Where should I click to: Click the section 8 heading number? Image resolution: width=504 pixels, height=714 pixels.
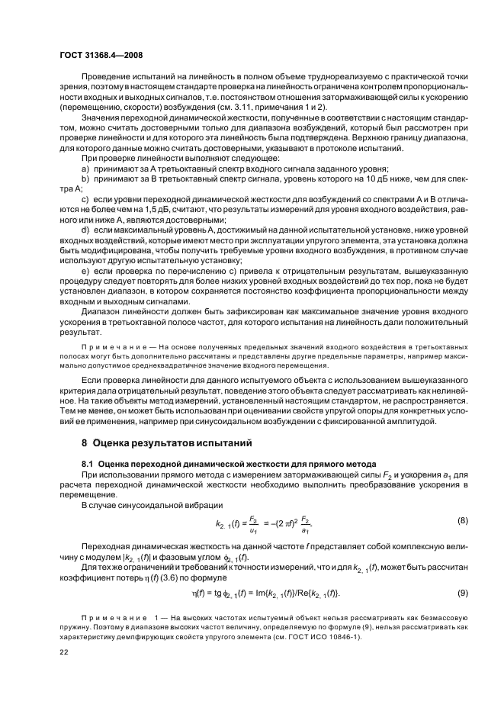pyautogui.click(x=85, y=442)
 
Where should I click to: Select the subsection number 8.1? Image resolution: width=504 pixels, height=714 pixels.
pyautogui.click(x=88, y=463)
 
